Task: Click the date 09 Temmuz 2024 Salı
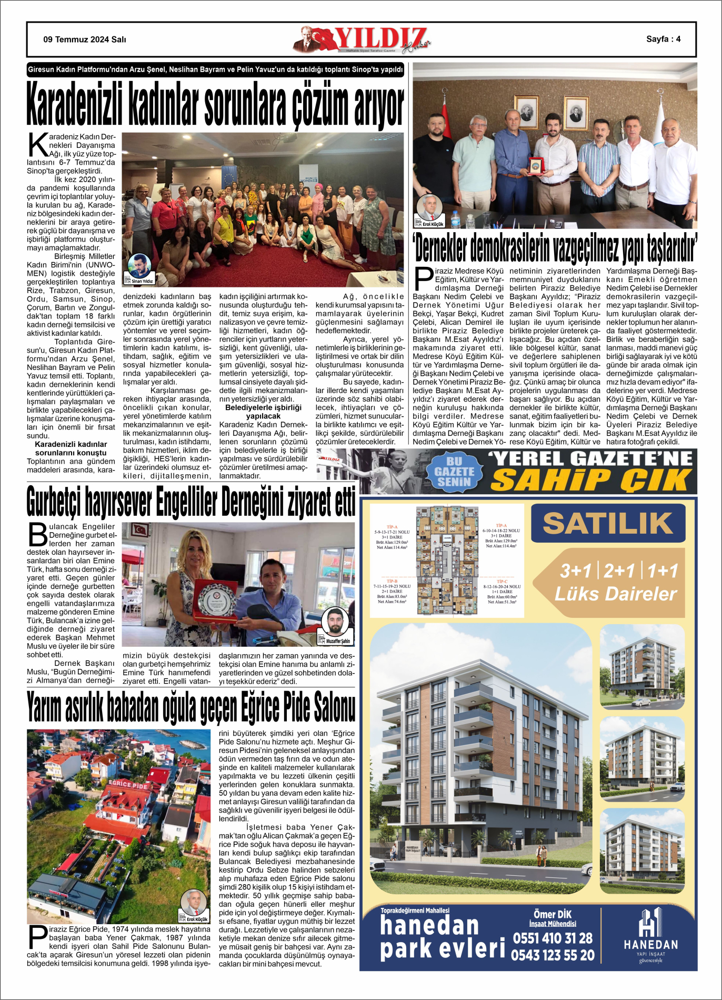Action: [x=84, y=39]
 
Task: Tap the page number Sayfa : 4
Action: [x=663, y=39]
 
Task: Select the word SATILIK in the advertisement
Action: [x=608, y=523]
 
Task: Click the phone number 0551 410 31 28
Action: [x=553, y=938]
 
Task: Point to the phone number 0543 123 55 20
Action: [x=553, y=955]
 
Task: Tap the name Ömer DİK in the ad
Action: [x=553, y=914]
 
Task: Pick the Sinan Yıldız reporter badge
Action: [x=139, y=269]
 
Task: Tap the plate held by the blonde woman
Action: [x=215, y=599]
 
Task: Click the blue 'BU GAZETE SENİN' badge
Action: [x=454, y=471]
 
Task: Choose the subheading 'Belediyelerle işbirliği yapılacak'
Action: [x=263, y=412]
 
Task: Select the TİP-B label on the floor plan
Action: [x=392, y=581]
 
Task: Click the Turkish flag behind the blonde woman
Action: [x=140, y=529]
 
